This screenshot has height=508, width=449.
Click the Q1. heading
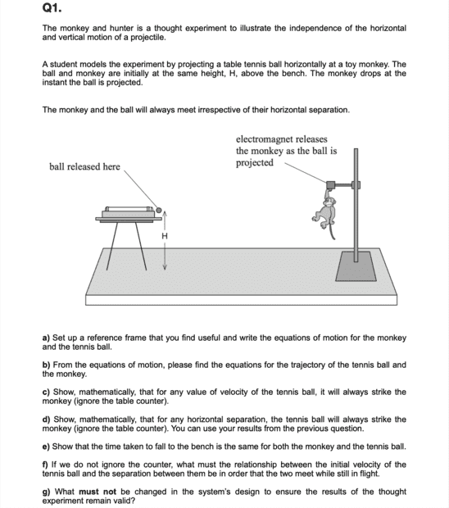coord(52,7)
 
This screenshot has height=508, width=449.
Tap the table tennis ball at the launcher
coord(159,211)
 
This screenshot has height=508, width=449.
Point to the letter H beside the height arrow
coord(165,236)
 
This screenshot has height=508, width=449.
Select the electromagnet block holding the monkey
coord(330,185)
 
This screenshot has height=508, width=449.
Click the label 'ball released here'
coord(84,166)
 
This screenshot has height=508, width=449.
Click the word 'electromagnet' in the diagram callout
coord(264,139)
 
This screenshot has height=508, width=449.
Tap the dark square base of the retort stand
coord(356,266)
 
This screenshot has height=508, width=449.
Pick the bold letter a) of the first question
coord(46,338)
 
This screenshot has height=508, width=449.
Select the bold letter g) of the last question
coord(46,492)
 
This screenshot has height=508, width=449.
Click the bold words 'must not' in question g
coord(98,492)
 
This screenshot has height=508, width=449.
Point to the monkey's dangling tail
coord(332,231)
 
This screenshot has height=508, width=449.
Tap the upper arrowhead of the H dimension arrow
coord(165,213)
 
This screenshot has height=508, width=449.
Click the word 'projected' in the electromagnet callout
coord(255,162)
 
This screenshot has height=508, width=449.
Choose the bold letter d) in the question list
coord(47,420)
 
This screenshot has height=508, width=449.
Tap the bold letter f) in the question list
coord(45,465)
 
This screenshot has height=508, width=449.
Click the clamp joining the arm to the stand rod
coord(356,185)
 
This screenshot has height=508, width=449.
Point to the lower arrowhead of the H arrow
coord(165,267)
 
